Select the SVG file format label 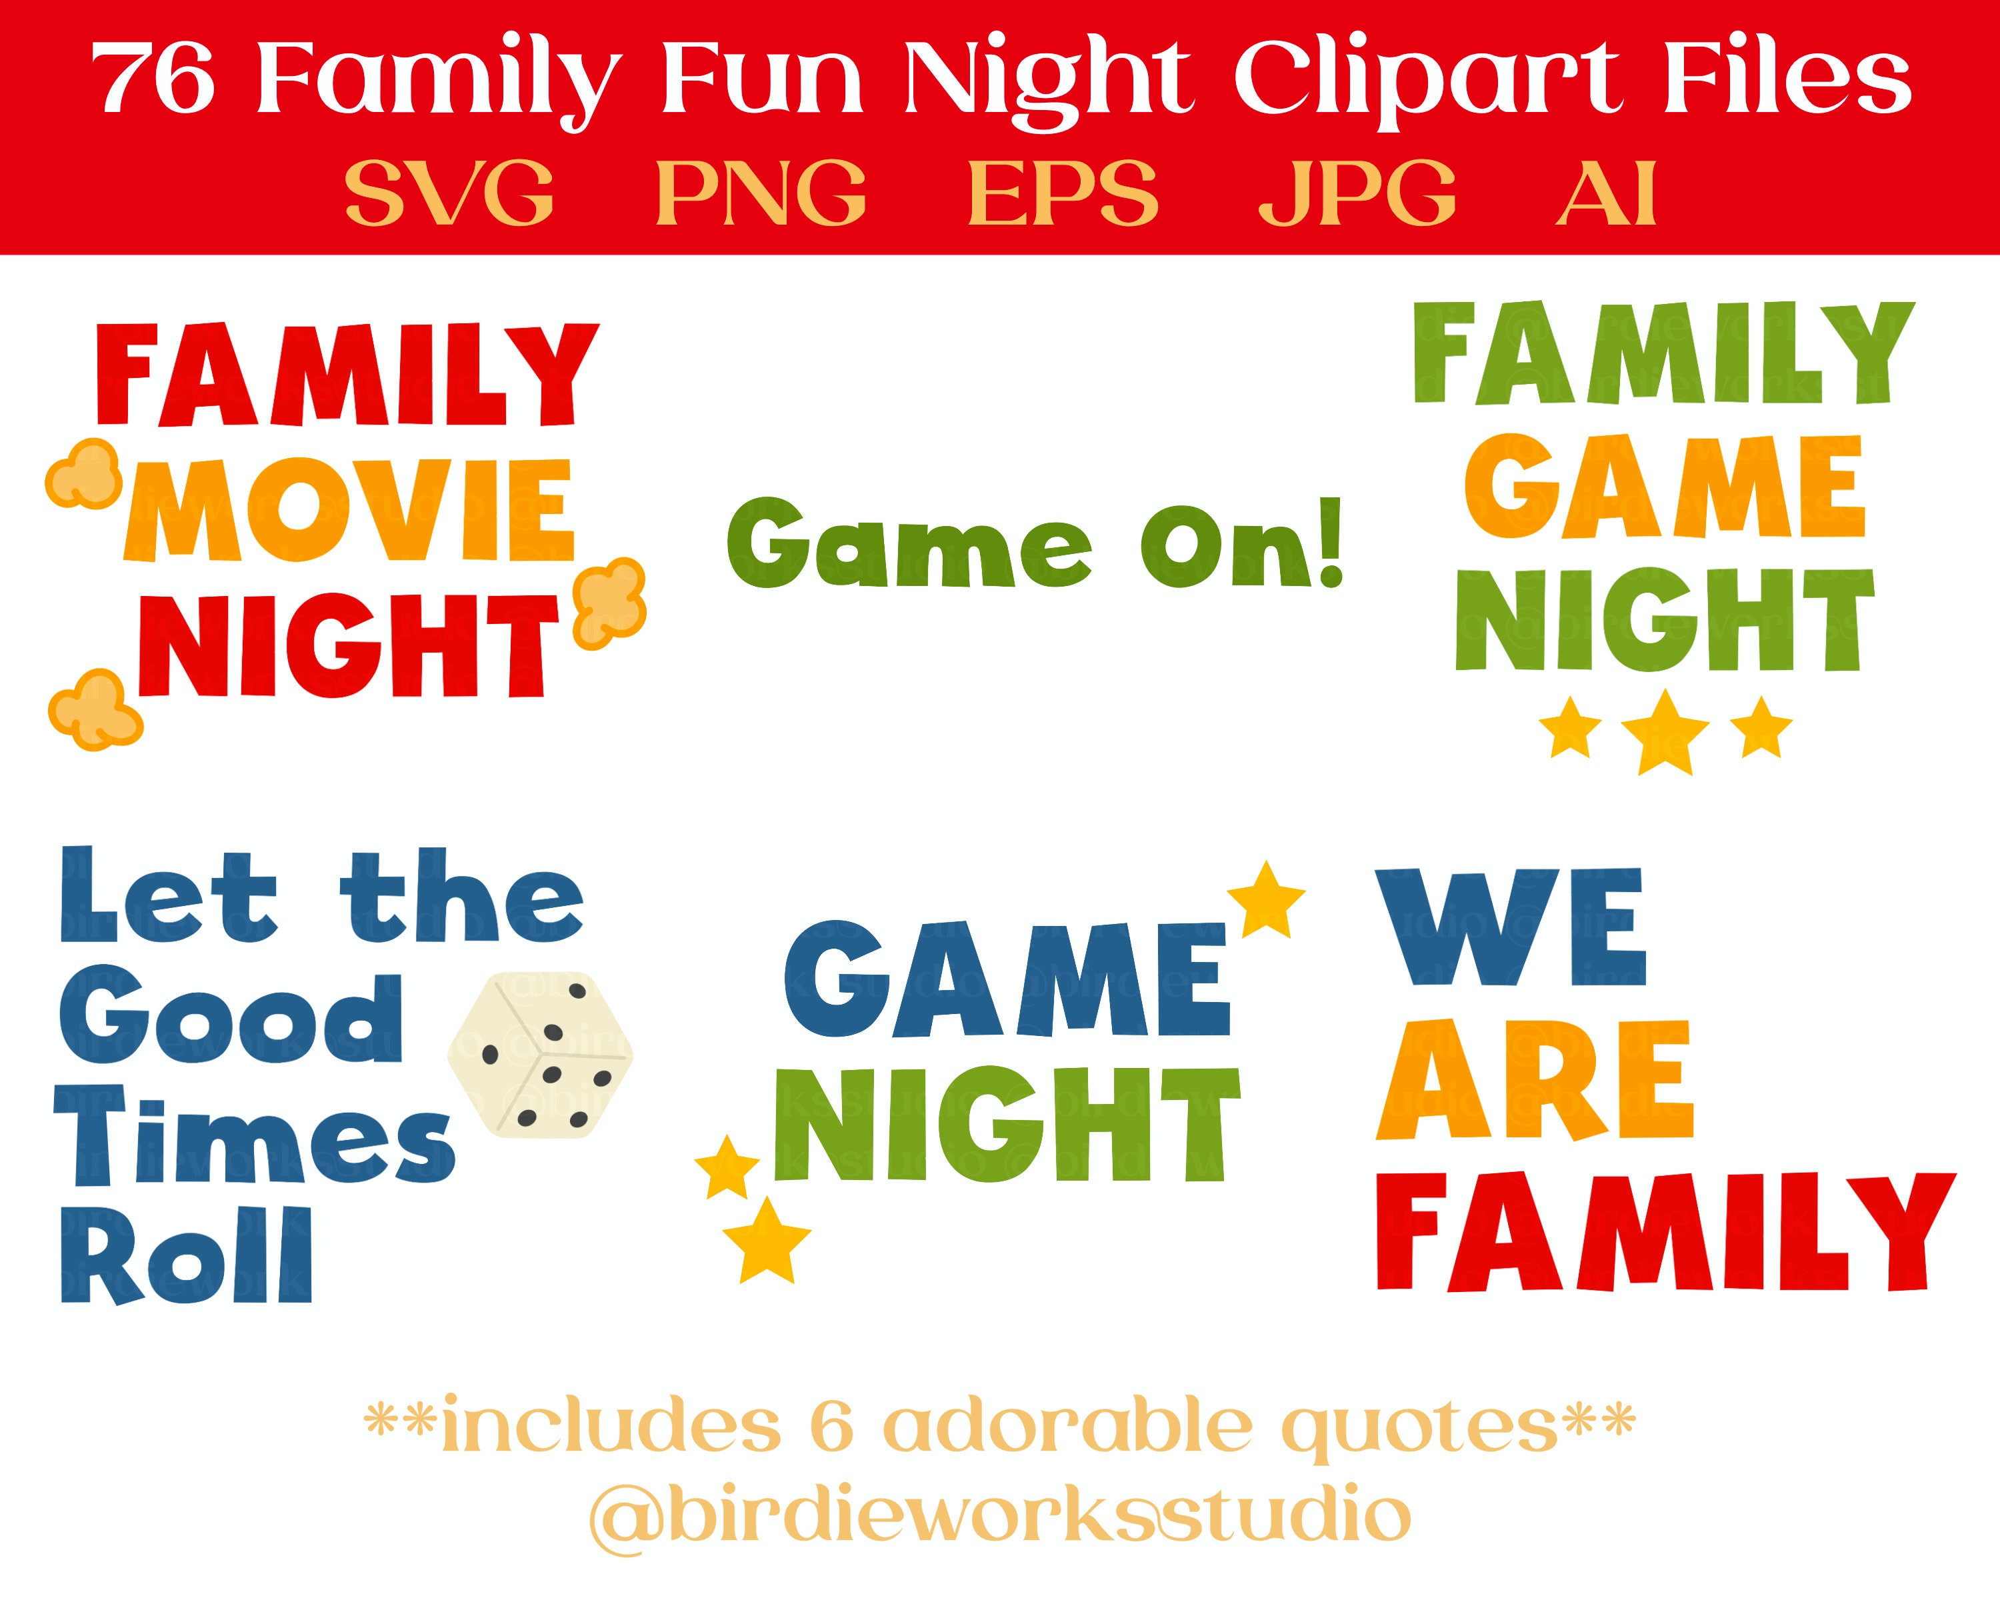click(x=450, y=193)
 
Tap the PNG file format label click(x=761, y=193)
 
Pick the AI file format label click(x=1606, y=193)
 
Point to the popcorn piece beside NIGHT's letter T click(x=609, y=603)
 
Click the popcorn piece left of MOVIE click(x=83, y=474)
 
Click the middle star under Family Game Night click(x=1666, y=732)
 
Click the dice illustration click(x=540, y=1055)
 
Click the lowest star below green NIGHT click(x=766, y=1240)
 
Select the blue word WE click(x=1510, y=927)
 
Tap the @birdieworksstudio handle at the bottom click(x=999, y=1514)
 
